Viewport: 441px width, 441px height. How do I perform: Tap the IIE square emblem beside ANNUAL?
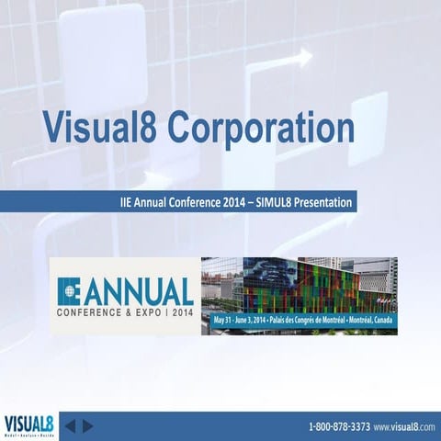click(x=69, y=291)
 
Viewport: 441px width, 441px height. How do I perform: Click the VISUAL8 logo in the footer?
click(x=28, y=425)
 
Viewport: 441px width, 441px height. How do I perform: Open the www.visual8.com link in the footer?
click(x=403, y=427)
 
